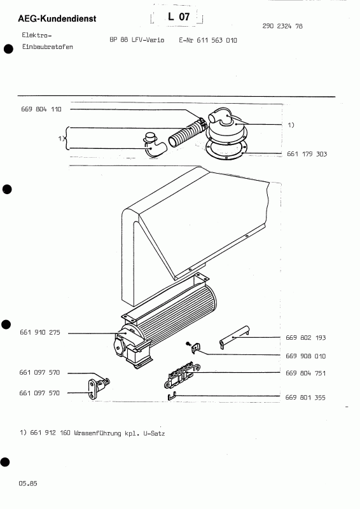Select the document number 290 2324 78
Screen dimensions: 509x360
click(x=282, y=27)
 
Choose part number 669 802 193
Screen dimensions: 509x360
click(x=305, y=337)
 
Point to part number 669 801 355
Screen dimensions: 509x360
click(x=305, y=398)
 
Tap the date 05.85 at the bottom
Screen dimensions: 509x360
click(x=28, y=484)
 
